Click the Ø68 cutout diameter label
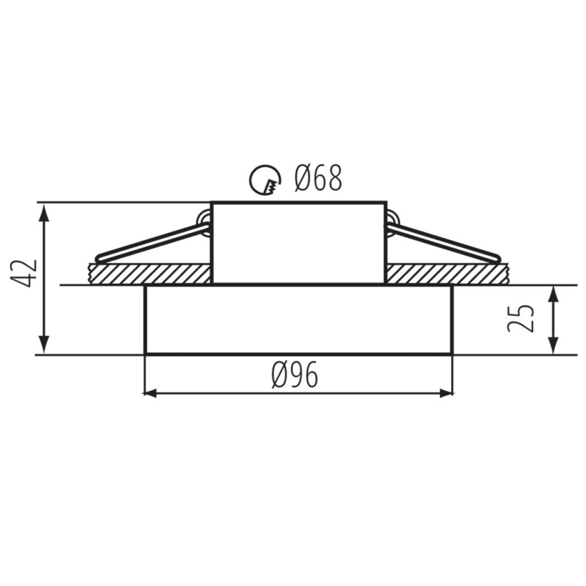pos(318,179)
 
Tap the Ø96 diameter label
pos(295,375)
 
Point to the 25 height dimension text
pos(521,319)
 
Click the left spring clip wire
pos(152,243)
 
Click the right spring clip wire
pos(443,242)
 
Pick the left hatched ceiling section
pos(150,274)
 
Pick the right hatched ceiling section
pos(447,274)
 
